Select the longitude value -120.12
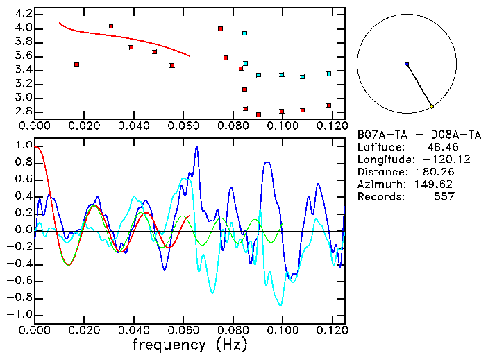coord(434,159)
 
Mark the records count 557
coord(444,196)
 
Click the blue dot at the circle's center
coord(407,64)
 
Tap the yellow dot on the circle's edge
coord(432,106)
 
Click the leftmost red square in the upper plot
coord(76,65)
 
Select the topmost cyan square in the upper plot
coord(244,33)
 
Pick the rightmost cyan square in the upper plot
coord(329,74)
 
